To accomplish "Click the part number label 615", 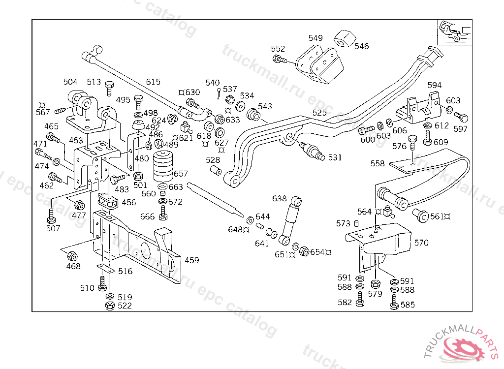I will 153,82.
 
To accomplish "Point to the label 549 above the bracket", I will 315,38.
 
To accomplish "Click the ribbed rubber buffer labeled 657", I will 164,167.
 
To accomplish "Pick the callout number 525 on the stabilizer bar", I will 319,113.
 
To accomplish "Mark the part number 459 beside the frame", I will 191,260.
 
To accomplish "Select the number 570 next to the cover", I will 421,243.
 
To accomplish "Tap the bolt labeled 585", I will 394,305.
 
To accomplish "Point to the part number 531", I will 335,157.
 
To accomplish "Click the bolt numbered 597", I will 462,117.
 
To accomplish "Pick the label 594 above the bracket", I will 435,86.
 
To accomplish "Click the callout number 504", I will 70,82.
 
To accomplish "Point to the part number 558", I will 378,163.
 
